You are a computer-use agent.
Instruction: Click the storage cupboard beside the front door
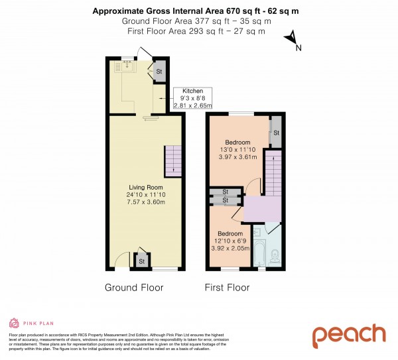click(141, 261)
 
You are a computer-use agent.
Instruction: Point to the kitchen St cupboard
click(159, 72)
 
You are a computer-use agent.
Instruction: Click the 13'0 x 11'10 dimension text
click(237, 150)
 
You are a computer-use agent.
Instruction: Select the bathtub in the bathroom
click(259, 252)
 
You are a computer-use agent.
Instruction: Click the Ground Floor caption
click(134, 288)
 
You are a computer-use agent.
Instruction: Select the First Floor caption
click(228, 288)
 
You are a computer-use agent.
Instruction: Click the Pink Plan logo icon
click(13, 323)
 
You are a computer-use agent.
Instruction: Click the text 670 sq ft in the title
click(225, 10)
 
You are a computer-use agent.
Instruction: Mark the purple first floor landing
click(263, 211)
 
